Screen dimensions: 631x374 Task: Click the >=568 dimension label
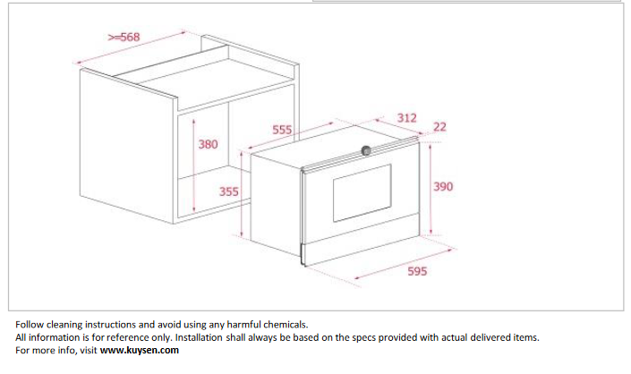pyautogui.click(x=124, y=37)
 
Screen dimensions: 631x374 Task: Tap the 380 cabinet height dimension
pyautogui.click(x=208, y=144)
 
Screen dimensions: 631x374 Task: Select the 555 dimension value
pyautogui.click(x=282, y=130)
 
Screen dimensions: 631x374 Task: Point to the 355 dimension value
pyautogui.click(x=229, y=191)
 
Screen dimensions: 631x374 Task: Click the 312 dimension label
pyautogui.click(x=407, y=118)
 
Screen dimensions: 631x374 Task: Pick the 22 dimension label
pyautogui.click(x=439, y=127)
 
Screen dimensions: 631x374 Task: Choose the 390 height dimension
pyautogui.click(x=443, y=186)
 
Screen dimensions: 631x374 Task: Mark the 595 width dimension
pyautogui.click(x=417, y=271)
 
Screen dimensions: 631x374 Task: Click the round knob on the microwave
pyautogui.click(x=366, y=151)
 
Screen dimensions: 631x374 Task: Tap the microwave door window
pyautogui.click(x=362, y=192)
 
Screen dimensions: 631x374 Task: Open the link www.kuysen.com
pyautogui.click(x=140, y=350)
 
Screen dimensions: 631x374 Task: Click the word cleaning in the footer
pyautogui.click(x=64, y=325)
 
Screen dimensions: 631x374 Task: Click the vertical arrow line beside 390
pyautogui.click(x=431, y=189)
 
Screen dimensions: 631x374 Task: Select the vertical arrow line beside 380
pyautogui.click(x=194, y=166)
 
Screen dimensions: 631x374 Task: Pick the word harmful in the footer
pyautogui.click(x=242, y=325)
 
